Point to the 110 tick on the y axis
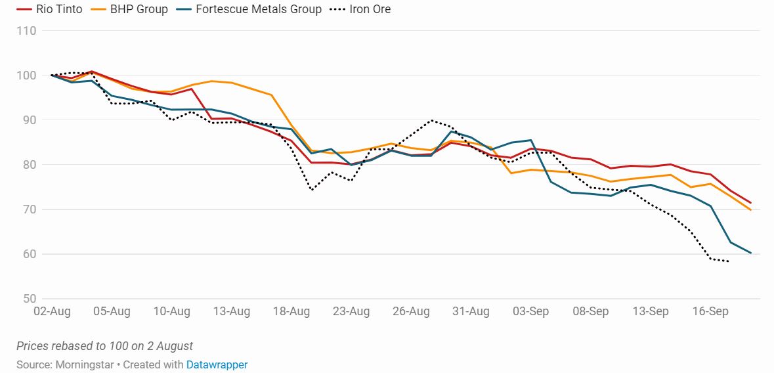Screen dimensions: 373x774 click(27, 31)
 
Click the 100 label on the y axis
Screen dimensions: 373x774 click(27, 76)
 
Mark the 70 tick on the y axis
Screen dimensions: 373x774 click(30, 209)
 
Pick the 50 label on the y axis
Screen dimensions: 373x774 click(30, 299)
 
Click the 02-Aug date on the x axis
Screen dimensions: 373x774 click(51, 311)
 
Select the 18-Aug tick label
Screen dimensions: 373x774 click(291, 311)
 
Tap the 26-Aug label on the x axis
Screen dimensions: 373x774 click(411, 311)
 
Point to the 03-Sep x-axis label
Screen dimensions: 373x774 click(530, 311)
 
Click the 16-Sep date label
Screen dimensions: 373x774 click(710, 311)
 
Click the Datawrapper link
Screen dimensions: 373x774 click(217, 364)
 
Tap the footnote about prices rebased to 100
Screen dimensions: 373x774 click(104, 346)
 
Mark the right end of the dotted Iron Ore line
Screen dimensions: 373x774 click(729, 261)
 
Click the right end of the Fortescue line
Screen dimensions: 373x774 click(750, 253)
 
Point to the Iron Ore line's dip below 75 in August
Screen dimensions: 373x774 click(311, 190)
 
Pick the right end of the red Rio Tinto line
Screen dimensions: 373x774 click(750, 203)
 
